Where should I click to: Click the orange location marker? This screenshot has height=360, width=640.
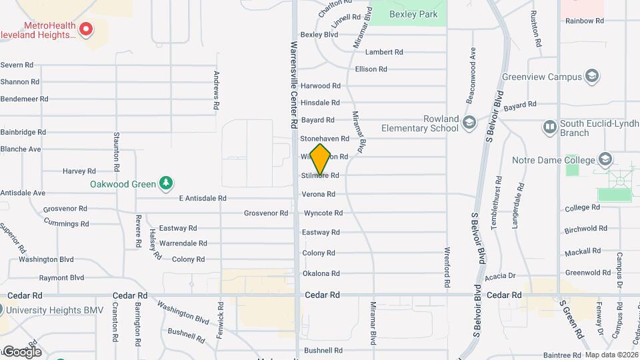(x=321, y=159)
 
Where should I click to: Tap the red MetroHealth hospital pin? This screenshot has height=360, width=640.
(x=86, y=29)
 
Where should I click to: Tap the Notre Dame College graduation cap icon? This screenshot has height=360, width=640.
(x=605, y=159)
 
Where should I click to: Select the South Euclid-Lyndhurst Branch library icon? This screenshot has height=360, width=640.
(x=549, y=126)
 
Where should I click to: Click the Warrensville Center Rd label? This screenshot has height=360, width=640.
(x=293, y=85)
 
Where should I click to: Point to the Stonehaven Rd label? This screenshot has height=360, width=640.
(x=325, y=139)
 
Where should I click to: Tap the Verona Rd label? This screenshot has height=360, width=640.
(x=318, y=195)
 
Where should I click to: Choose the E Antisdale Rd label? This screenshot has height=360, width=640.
(x=203, y=198)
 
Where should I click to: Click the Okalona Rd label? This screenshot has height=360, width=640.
(x=321, y=273)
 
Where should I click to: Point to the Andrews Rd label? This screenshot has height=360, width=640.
(x=217, y=91)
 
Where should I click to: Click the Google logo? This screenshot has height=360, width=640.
(x=22, y=351)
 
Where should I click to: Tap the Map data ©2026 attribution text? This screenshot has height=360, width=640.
(x=611, y=355)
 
